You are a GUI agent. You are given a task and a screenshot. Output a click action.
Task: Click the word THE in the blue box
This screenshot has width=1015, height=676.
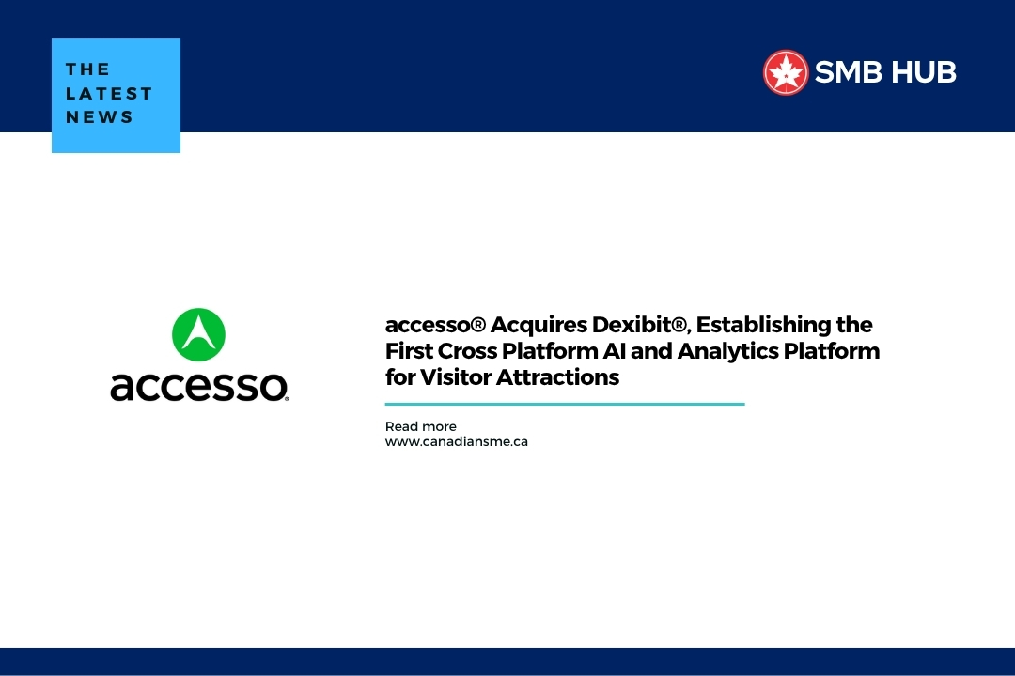pyautogui.click(x=87, y=69)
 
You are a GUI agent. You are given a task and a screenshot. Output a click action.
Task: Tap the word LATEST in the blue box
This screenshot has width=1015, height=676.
pyautogui.click(x=109, y=93)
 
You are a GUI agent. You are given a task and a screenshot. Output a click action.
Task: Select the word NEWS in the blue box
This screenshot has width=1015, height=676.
pyautogui.click(x=100, y=117)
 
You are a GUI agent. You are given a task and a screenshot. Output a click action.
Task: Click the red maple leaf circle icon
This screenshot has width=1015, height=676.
pyautogui.click(x=786, y=72)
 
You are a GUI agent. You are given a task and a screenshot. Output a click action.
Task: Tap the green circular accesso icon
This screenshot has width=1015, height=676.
pyautogui.click(x=199, y=334)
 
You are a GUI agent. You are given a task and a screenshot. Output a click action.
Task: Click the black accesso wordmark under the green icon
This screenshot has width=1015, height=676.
pyautogui.click(x=199, y=385)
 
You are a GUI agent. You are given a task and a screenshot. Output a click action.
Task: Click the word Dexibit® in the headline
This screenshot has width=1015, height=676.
pyautogui.click(x=642, y=325)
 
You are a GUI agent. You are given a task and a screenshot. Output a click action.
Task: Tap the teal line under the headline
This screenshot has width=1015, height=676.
pyautogui.click(x=564, y=404)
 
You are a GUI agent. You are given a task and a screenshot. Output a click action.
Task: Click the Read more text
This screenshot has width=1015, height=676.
pyautogui.click(x=420, y=426)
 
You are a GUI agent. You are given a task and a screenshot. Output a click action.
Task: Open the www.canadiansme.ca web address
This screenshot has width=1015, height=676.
pyautogui.click(x=456, y=441)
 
